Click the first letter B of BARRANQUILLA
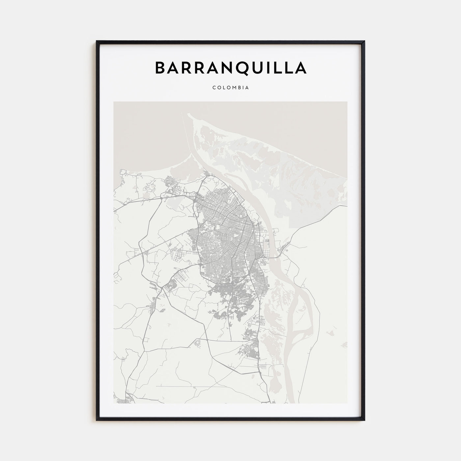click(161, 68)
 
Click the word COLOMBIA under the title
click(230, 88)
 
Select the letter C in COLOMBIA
click(214, 88)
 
